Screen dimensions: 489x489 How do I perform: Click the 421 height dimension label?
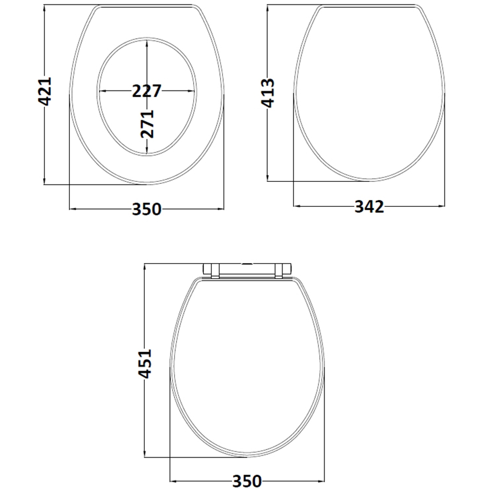click(x=44, y=91)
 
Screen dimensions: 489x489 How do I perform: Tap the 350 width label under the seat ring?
click(x=147, y=209)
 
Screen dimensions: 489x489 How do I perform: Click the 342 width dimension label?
click(x=369, y=206)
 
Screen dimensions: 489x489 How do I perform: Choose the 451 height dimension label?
click(x=145, y=363)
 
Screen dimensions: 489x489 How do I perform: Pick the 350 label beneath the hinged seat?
click(x=246, y=481)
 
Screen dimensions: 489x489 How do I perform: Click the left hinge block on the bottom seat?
click(x=211, y=270)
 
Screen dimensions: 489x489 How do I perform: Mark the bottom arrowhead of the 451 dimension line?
click(x=145, y=455)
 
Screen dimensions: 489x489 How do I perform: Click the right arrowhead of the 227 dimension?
click(x=192, y=91)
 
